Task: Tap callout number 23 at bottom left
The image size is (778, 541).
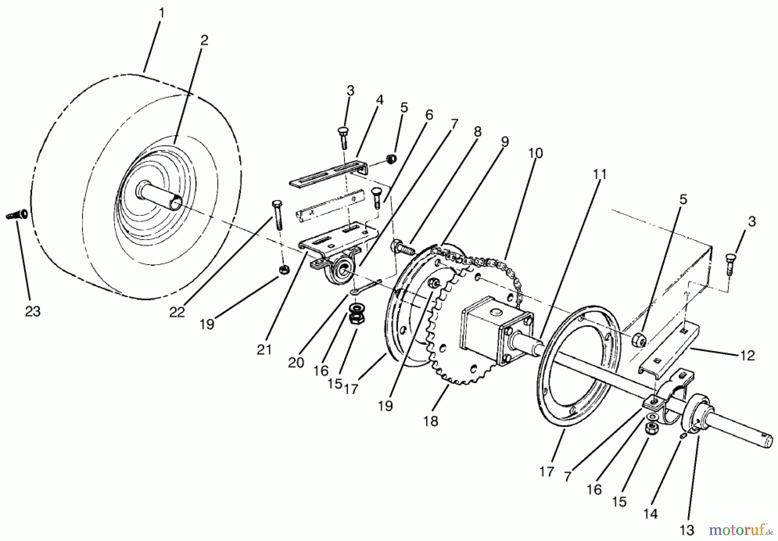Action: click(x=32, y=311)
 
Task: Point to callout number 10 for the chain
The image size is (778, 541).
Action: click(x=535, y=153)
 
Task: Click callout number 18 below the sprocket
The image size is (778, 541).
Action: click(x=431, y=420)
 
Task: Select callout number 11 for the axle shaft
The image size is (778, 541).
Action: click(x=599, y=175)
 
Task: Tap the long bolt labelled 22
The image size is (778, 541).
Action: click(x=277, y=216)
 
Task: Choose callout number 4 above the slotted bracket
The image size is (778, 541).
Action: click(x=379, y=100)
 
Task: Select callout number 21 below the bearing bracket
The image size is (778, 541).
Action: click(x=264, y=349)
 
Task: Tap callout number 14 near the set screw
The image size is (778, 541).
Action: click(x=650, y=513)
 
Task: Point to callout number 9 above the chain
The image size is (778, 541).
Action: click(x=505, y=141)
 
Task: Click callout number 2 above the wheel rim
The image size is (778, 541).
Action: click(x=204, y=40)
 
